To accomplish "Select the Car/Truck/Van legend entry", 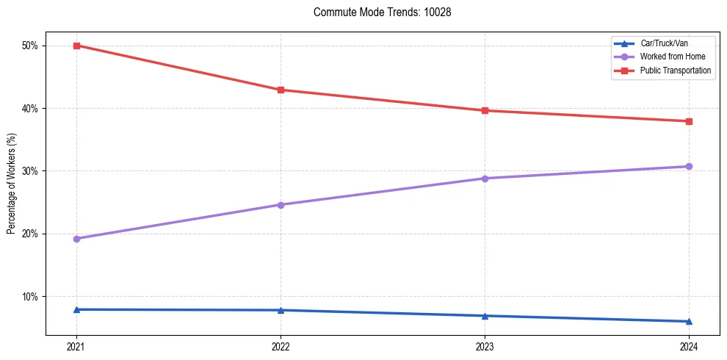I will [664, 44].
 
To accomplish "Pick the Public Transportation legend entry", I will [675, 71].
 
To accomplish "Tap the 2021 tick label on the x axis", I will [76, 346].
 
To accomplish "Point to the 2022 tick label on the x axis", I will [281, 346].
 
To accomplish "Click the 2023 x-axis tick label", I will [485, 346].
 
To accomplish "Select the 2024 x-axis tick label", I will [689, 346].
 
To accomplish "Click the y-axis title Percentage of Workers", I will [12, 184].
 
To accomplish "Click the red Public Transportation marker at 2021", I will [76, 46].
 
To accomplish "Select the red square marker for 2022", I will [281, 90].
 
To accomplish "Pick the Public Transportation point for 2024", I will [689, 121].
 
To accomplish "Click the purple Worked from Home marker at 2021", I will [76, 239].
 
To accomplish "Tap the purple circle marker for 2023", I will [485, 179].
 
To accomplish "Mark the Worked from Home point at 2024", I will [689, 166].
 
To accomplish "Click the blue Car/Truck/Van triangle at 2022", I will [281, 310].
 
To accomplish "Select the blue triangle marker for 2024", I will [689, 321].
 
